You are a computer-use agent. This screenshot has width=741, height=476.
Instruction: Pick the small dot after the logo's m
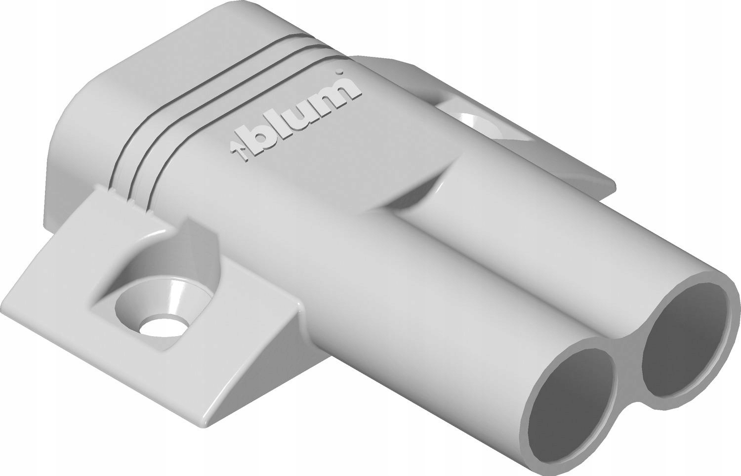[x=339, y=75]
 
